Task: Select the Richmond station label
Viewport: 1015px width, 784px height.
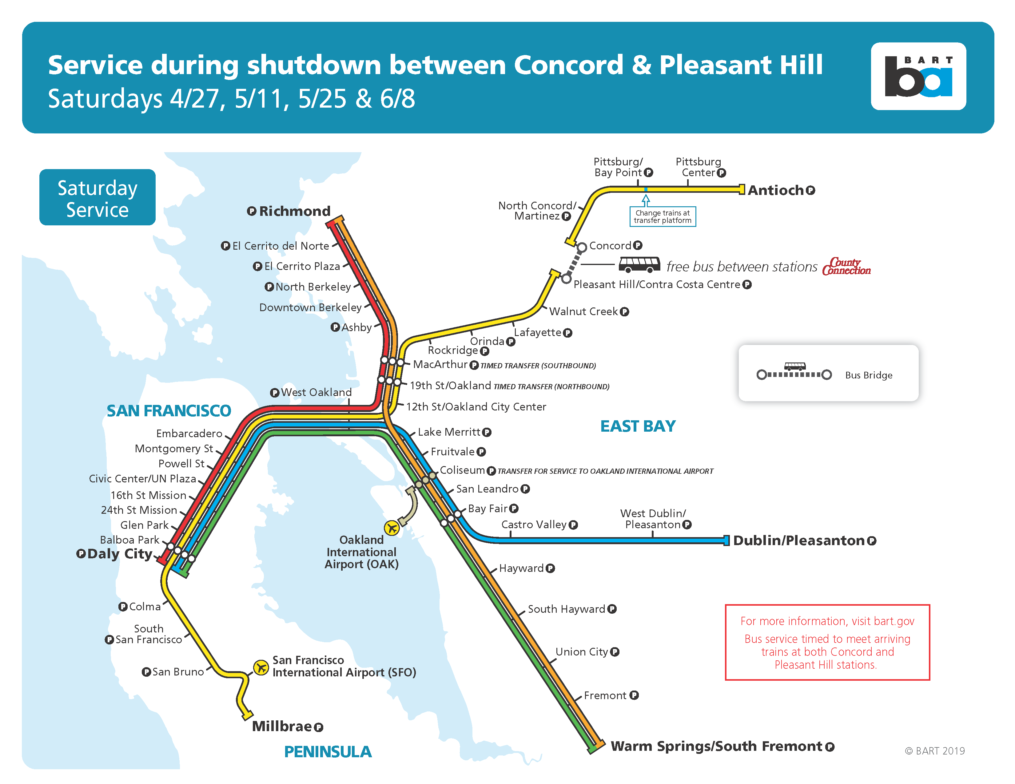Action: [x=295, y=211]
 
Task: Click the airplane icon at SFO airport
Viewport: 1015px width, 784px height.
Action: [x=261, y=667]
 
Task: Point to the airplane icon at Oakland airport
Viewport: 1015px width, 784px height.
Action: [x=392, y=528]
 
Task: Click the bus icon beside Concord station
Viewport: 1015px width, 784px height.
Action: [x=639, y=265]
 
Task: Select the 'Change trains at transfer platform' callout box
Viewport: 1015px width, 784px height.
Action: [x=662, y=216]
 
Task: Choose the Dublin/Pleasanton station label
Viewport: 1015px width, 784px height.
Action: [x=798, y=540]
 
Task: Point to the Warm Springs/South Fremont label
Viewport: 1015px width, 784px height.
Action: [x=716, y=746]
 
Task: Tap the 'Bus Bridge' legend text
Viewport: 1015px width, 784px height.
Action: [x=868, y=375]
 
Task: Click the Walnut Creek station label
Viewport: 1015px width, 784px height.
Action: [x=583, y=312]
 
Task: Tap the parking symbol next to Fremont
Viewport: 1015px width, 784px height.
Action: [x=634, y=695]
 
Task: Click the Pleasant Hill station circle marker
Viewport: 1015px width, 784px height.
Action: [x=566, y=279]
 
